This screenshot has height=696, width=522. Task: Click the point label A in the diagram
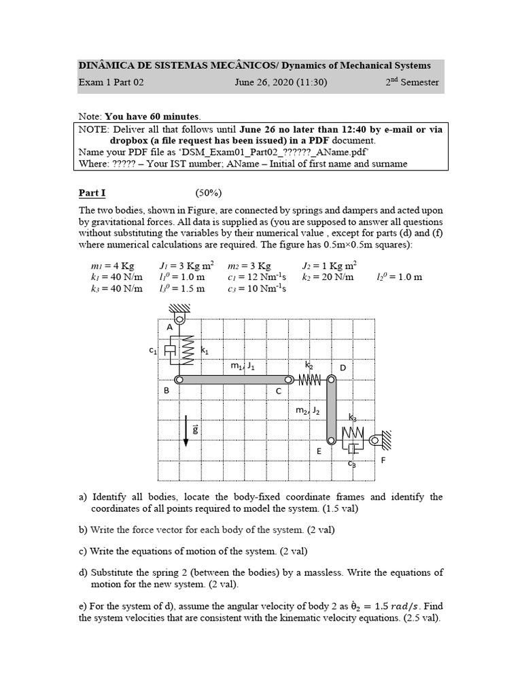(x=169, y=327)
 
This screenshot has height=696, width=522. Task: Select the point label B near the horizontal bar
(x=166, y=391)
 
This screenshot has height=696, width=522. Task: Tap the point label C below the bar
(x=278, y=391)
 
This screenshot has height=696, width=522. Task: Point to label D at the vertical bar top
(x=343, y=368)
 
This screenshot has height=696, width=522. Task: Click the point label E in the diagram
(x=319, y=451)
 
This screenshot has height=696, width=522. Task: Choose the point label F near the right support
(x=383, y=460)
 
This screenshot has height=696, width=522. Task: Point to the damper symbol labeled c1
(x=170, y=350)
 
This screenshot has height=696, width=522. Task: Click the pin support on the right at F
(x=379, y=440)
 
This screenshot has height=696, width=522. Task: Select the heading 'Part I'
(x=92, y=193)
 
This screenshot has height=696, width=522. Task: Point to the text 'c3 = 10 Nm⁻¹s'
(x=257, y=288)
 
